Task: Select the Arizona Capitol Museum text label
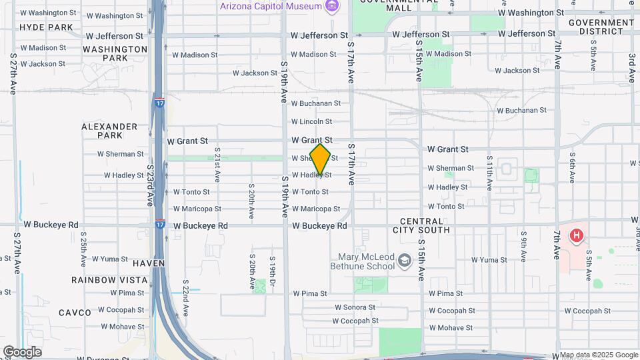pos(272,6)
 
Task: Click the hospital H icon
pos(577,235)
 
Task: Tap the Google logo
pos(21,352)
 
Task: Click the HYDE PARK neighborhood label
pos(46,27)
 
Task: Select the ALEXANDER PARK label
pos(109,131)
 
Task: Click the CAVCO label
pos(75,313)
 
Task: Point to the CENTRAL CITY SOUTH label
pos(425,225)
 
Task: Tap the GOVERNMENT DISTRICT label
pos(601,27)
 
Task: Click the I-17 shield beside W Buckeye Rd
pos(160,218)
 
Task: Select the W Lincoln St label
pos(311,121)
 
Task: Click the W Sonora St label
pos(357,307)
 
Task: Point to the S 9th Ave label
pos(524,246)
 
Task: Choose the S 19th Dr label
pos(272,268)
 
